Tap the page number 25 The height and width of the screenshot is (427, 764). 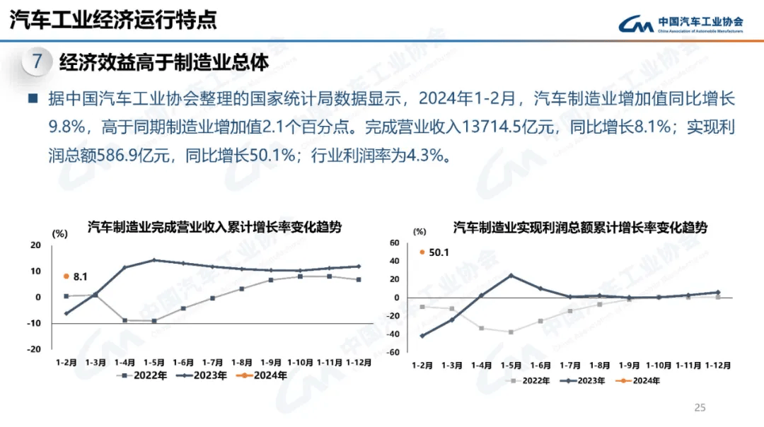[x=700, y=407]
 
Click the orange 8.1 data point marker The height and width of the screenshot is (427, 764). [x=66, y=276]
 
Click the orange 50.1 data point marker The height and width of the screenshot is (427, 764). [x=422, y=252]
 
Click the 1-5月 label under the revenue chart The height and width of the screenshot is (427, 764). [x=155, y=362]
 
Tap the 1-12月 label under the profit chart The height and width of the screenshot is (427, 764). [x=717, y=365]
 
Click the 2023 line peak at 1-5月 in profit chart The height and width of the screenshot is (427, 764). [x=511, y=276]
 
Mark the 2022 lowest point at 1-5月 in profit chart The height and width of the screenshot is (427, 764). [x=511, y=332]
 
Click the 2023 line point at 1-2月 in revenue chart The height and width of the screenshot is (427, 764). [x=66, y=313]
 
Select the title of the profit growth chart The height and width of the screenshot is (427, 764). [x=580, y=228]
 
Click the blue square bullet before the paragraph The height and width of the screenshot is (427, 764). [x=33, y=98]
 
